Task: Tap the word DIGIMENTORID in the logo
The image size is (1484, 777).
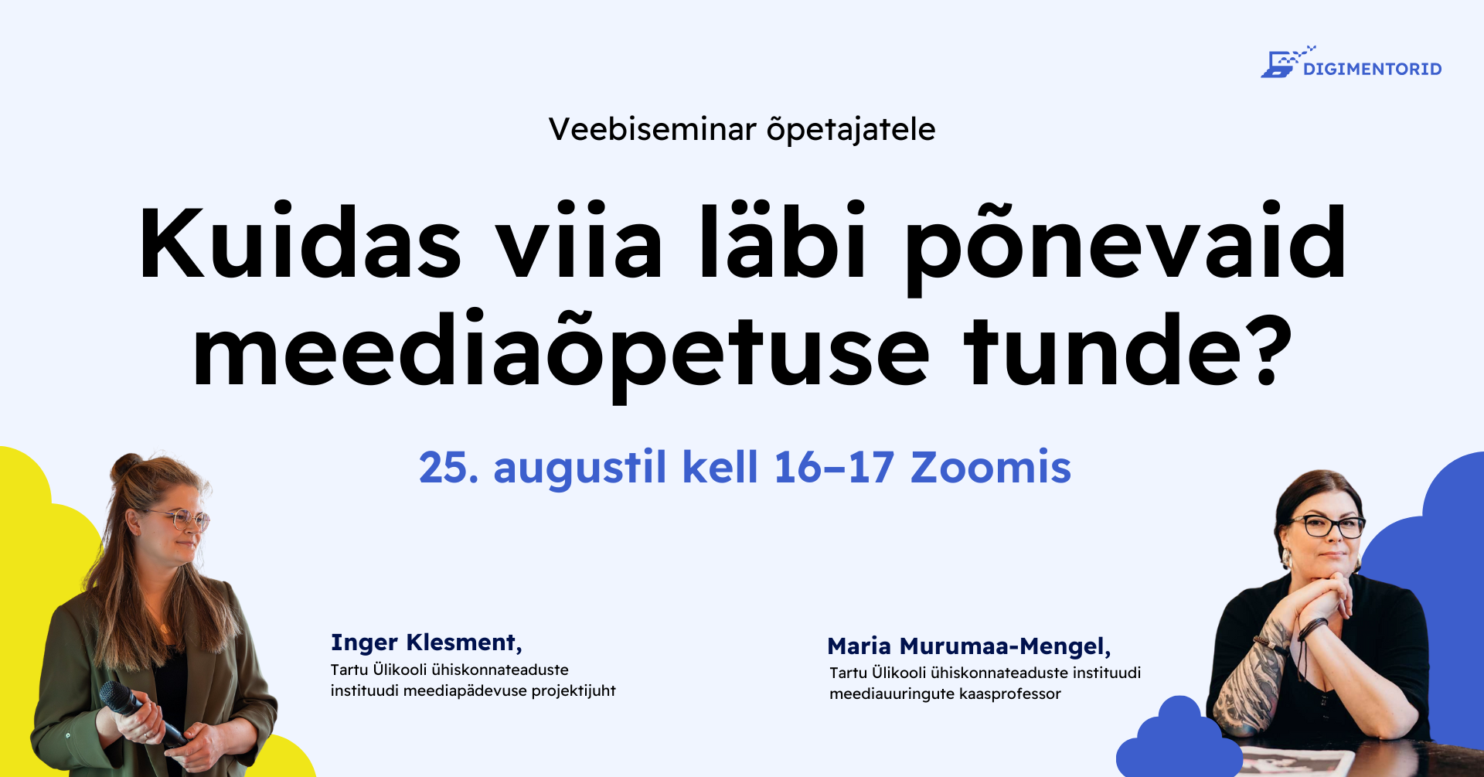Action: tap(1373, 70)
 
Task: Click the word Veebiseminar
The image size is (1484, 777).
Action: tap(652, 129)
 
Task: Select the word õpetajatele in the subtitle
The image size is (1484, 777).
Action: tap(851, 130)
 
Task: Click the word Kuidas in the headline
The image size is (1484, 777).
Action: tap(300, 242)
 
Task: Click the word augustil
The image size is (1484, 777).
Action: tap(580, 469)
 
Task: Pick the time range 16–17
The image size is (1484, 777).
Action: tap(834, 467)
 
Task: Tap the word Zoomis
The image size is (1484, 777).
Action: tap(991, 467)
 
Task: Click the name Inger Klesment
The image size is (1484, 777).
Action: tap(427, 642)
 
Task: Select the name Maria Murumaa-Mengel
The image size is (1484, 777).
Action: tap(969, 646)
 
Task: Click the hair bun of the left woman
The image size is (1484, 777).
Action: tap(127, 465)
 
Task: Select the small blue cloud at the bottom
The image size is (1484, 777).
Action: tap(1178, 740)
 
